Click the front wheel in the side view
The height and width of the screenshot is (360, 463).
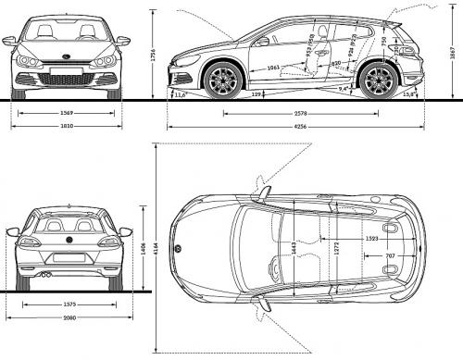[x=222, y=81]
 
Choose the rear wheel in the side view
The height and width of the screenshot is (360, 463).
[x=378, y=81]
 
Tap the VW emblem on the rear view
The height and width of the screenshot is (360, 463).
[x=69, y=242]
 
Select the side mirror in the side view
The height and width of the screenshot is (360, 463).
[x=263, y=41]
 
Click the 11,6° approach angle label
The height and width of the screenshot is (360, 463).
[x=180, y=94]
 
